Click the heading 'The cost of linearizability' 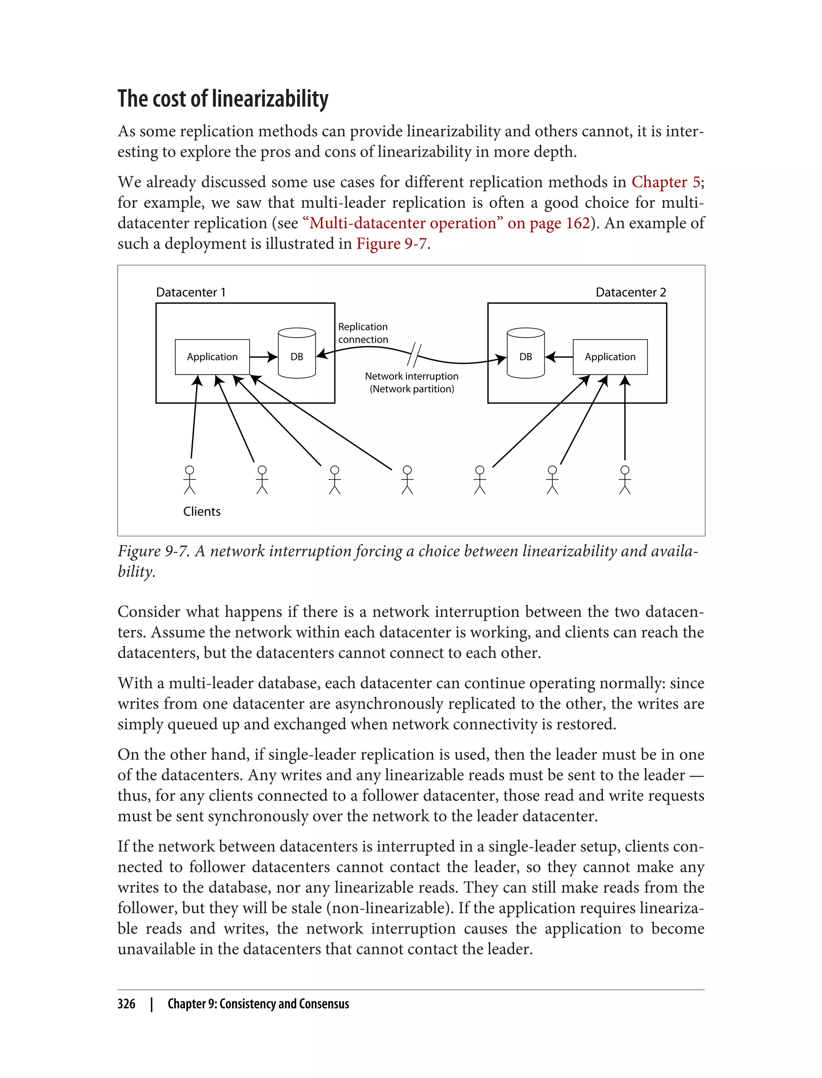[x=223, y=99]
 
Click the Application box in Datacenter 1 [x=212, y=357]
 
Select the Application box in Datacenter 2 [x=610, y=357]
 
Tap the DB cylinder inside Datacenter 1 [x=297, y=353]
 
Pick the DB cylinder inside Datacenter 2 [x=525, y=353]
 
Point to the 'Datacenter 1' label [x=191, y=292]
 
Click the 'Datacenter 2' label [x=630, y=292]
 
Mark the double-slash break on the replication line [x=414, y=355]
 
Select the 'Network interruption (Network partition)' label [x=411, y=382]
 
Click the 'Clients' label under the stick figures [x=201, y=511]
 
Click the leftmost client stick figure [x=189, y=480]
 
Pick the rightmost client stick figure [x=625, y=480]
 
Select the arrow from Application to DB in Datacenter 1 [x=263, y=357]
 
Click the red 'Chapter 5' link [x=666, y=182]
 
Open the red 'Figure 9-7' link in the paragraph [x=391, y=243]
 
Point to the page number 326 [x=126, y=1004]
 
